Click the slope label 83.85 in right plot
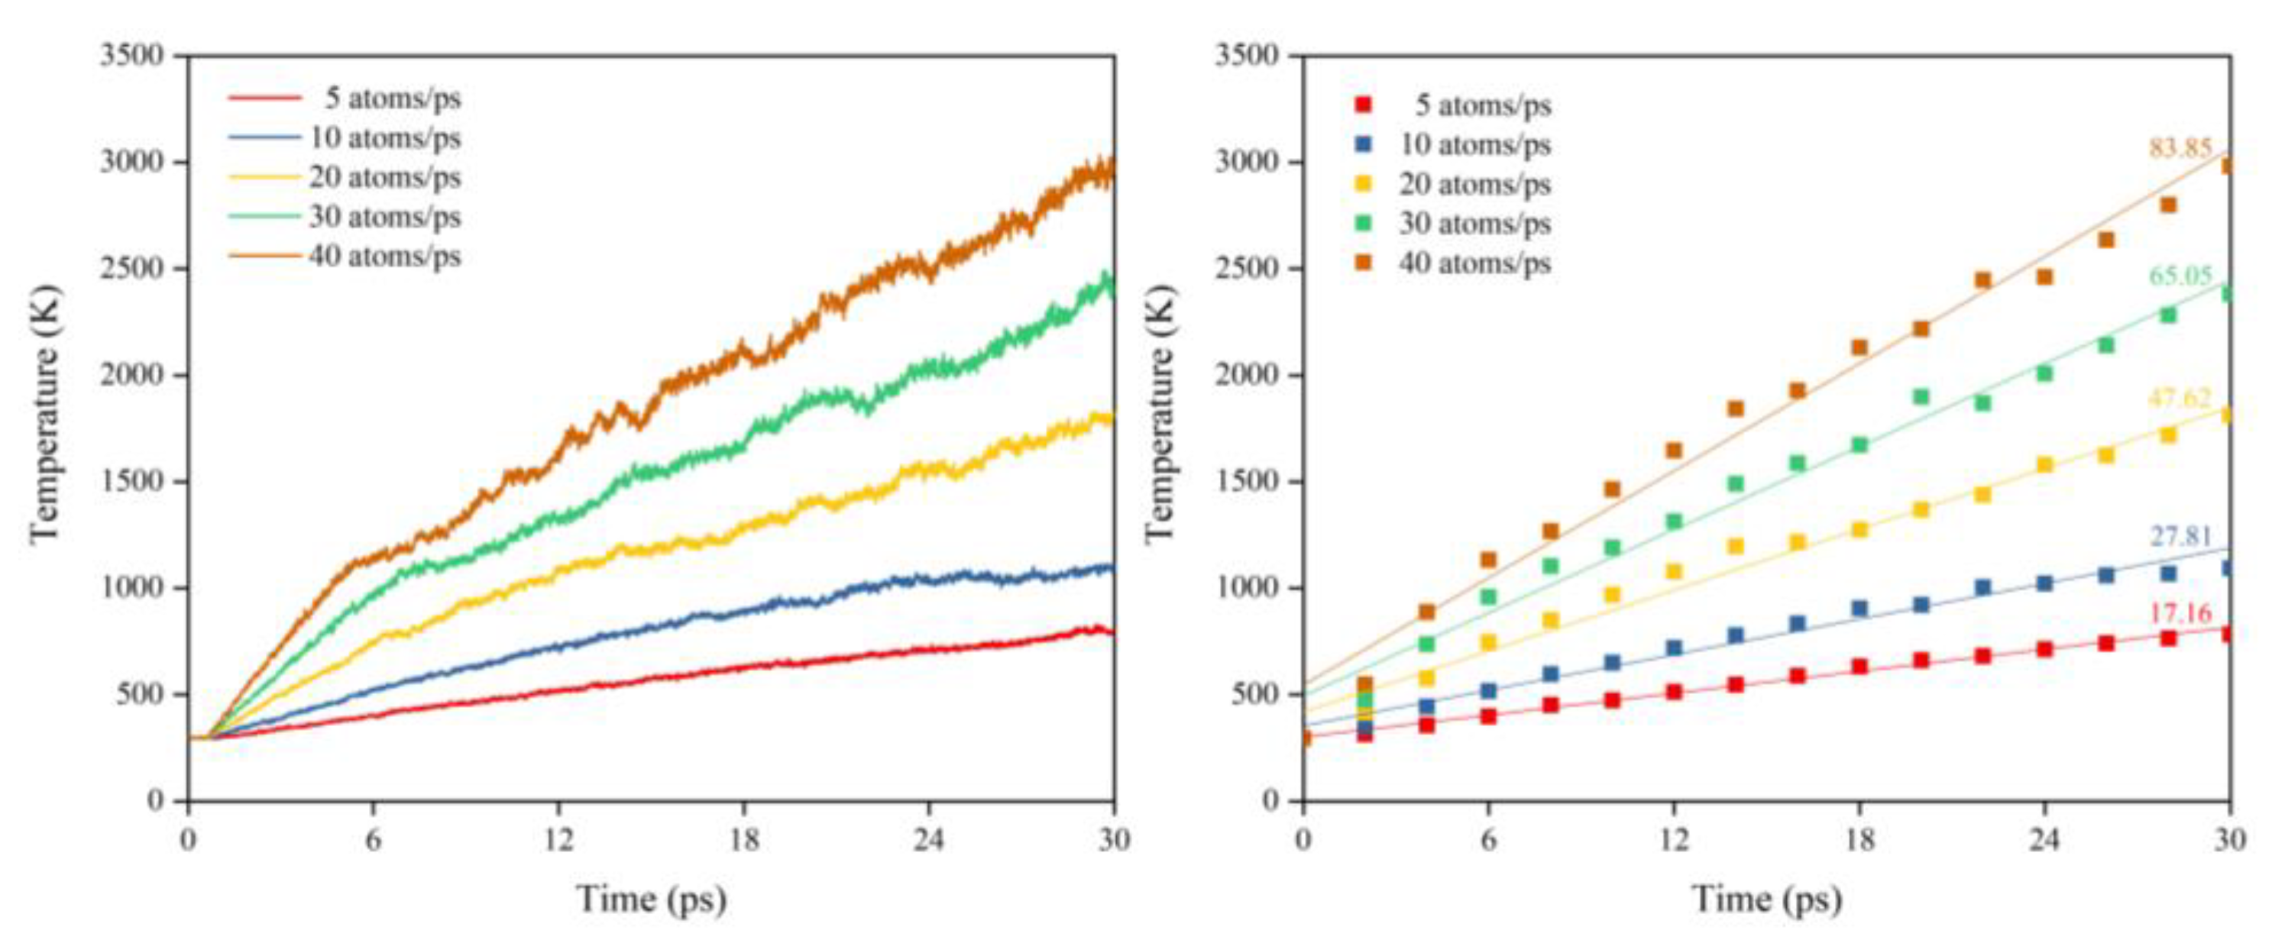coord(2180,148)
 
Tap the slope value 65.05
coord(2180,276)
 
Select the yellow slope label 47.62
coord(2180,399)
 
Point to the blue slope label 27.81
coord(2180,536)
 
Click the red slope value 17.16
coord(2180,613)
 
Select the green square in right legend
coord(1363,223)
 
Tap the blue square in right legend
coord(1363,144)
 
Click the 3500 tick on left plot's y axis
coord(132,56)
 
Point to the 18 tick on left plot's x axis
coord(743,839)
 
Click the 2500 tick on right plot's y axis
coord(1247,268)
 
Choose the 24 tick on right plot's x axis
coord(2044,839)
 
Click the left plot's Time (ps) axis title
coord(651,900)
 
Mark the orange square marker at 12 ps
coord(1673,451)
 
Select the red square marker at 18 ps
coord(1859,667)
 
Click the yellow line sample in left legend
coord(264,177)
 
